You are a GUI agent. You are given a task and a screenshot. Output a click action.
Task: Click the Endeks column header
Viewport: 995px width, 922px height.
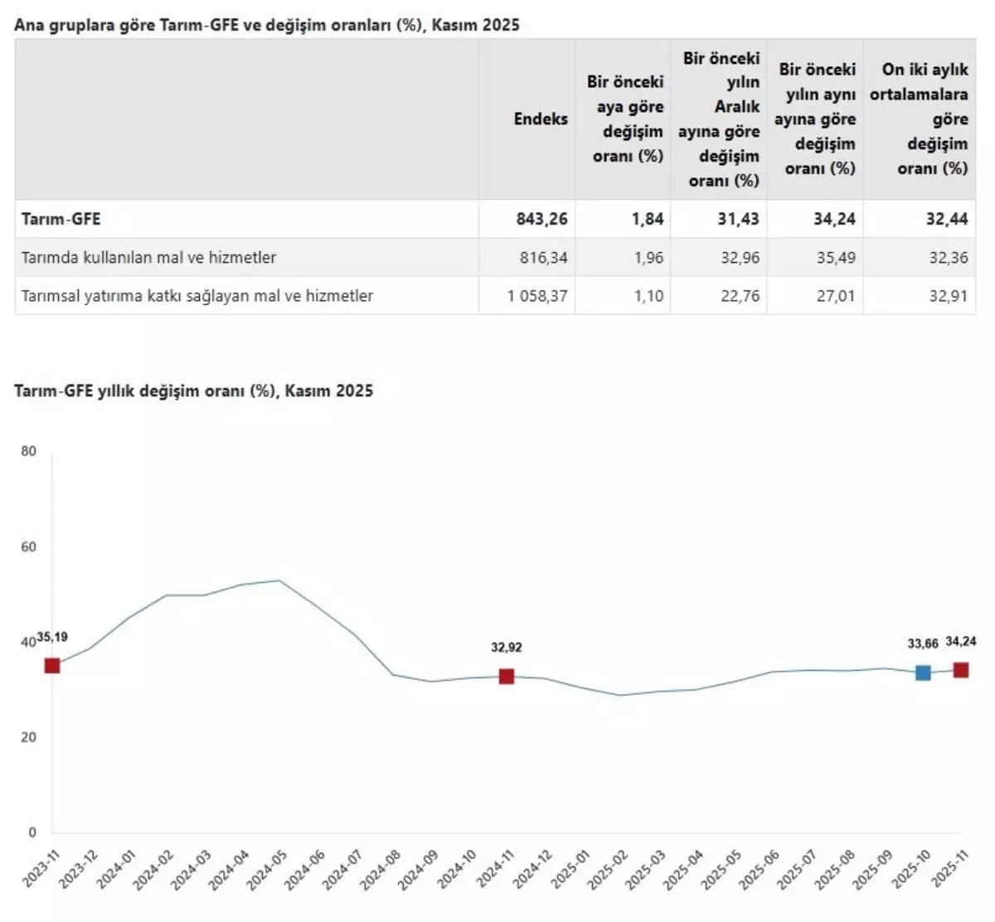coord(540,119)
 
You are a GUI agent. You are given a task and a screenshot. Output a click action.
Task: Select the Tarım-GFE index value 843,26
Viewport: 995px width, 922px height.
coord(541,219)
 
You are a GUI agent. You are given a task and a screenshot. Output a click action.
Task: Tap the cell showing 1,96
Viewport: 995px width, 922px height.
coord(648,258)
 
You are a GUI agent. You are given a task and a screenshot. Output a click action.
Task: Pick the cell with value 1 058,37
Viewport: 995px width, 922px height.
coord(537,296)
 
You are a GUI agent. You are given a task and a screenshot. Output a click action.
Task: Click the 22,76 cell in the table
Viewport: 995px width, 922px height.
coord(740,296)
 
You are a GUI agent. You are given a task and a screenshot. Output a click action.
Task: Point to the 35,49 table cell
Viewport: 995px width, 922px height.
coord(835,258)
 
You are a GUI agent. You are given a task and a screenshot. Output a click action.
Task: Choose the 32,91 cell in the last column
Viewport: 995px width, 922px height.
coord(948,296)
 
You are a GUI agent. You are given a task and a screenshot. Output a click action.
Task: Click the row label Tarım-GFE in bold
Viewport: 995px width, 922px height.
coord(61,219)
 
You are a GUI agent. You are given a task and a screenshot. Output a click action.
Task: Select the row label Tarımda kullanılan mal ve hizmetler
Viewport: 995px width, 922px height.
coord(148,258)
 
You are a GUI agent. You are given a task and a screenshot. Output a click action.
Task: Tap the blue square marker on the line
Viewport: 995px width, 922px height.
coord(923,672)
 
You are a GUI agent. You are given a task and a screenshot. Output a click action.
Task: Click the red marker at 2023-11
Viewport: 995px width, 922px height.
coord(52,666)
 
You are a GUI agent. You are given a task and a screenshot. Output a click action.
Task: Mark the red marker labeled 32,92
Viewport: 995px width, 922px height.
coord(507,677)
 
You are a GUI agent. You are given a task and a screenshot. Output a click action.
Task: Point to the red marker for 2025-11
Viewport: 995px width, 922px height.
coord(961,670)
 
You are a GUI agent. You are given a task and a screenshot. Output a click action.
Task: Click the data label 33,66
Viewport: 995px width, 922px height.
coord(923,643)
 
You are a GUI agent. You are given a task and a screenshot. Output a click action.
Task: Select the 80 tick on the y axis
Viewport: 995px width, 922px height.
coord(28,451)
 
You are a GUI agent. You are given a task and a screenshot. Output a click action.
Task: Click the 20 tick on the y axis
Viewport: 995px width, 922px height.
coord(28,737)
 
